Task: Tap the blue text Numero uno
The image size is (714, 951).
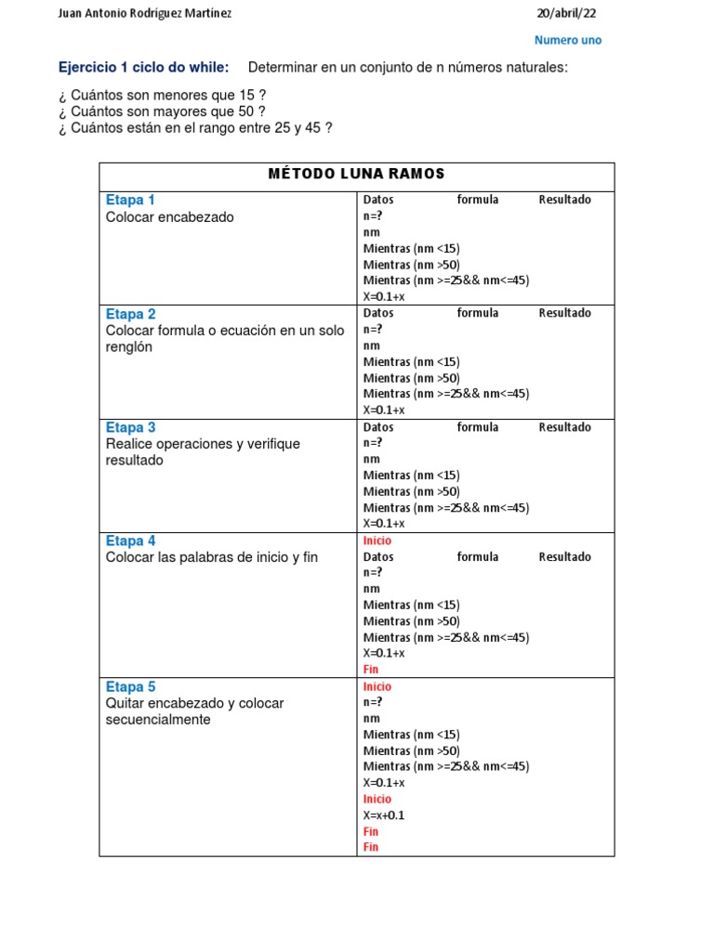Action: coord(568,40)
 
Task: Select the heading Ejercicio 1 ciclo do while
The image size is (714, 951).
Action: coord(143,68)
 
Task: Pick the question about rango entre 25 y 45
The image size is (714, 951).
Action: coord(194,127)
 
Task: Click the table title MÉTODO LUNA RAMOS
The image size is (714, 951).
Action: coord(356,174)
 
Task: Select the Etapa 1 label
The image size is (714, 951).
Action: coord(130,200)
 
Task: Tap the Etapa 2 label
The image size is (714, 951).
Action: coord(130,314)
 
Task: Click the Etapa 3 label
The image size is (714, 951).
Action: coord(130,427)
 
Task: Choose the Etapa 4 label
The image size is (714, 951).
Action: coord(130,541)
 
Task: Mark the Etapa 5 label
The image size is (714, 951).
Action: coord(130,686)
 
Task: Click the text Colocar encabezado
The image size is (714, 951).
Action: coord(170,216)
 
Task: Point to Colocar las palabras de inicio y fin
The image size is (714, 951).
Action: coord(212,557)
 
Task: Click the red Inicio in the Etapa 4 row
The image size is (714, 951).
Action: coord(377,541)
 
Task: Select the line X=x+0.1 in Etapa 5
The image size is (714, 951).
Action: coord(384,815)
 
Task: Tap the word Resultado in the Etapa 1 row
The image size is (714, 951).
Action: coord(564,200)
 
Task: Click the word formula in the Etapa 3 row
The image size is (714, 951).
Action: coord(478,427)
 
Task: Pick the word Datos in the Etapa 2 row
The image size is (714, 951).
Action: coord(378,313)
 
